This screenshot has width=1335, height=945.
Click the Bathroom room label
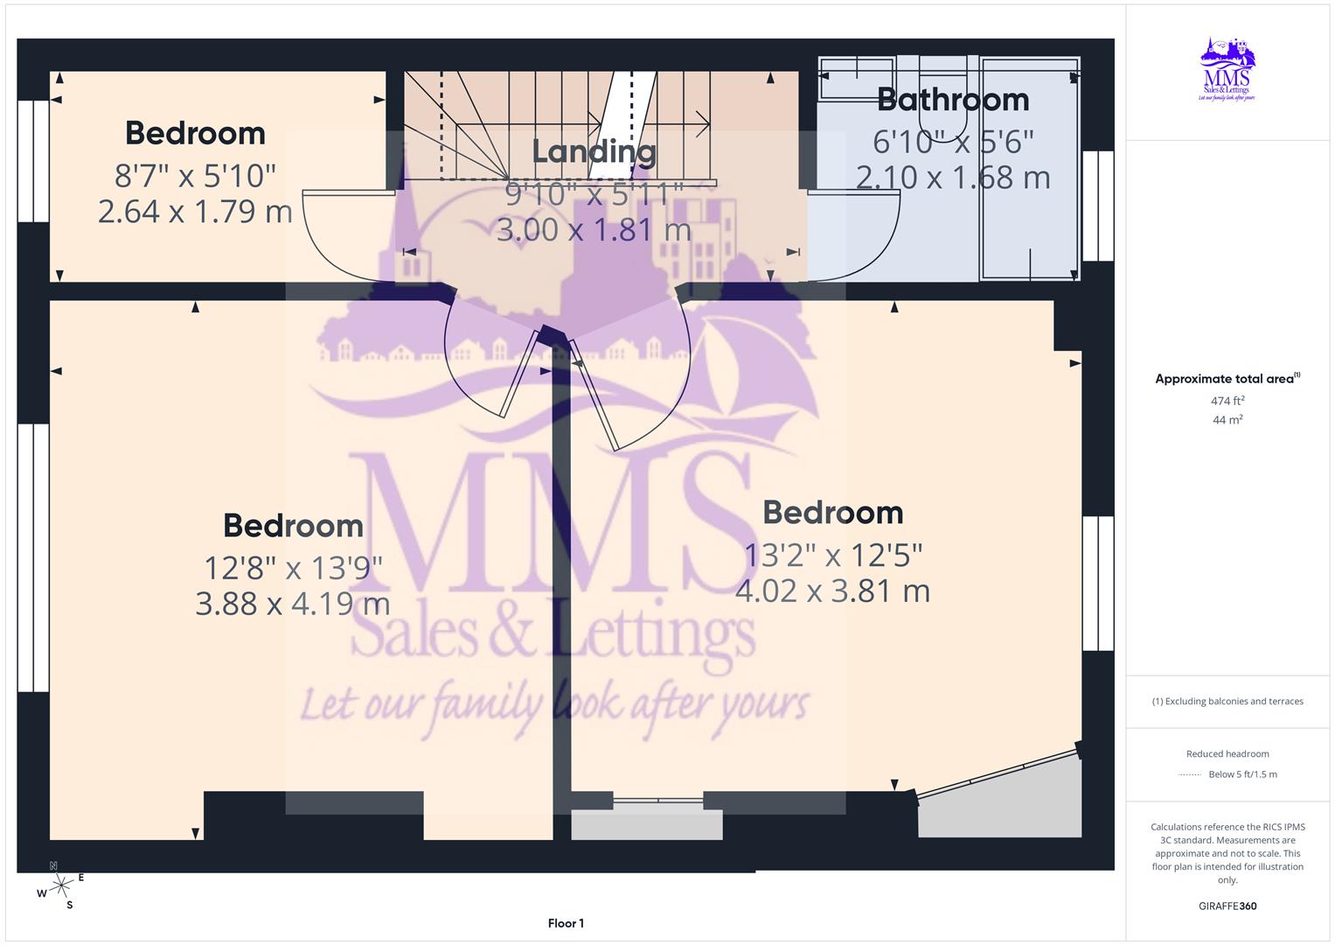(x=953, y=100)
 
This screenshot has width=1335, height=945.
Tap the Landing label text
(x=594, y=151)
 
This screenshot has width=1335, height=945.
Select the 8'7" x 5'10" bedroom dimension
(x=195, y=176)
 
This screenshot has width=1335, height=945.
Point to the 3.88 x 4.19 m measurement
(x=292, y=604)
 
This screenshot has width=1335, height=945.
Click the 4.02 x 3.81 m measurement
(x=832, y=591)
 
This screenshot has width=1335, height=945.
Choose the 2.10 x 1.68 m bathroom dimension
(x=953, y=178)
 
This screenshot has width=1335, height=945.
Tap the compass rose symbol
(x=60, y=886)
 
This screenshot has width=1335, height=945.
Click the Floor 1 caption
(x=566, y=923)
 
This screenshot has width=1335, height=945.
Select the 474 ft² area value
(x=1227, y=401)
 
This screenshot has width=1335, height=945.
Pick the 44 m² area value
(x=1227, y=420)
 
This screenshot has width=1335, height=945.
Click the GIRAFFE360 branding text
(x=1227, y=906)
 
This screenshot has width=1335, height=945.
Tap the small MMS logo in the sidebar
(x=1227, y=70)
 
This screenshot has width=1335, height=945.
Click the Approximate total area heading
(x=1227, y=379)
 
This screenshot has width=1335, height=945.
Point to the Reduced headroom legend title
(x=1227, y=753)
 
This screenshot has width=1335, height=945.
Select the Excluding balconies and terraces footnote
(x=1227, y=701)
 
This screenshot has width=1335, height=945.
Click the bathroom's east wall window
(x=1098, y=206)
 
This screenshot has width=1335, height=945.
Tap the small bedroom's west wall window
(x=33, y=161)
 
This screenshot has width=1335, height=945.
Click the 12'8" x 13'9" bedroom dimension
(x=293, y=569)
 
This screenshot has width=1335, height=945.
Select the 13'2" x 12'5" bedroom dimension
(x=833, y=555)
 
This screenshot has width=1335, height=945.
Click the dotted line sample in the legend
(x=1190, y=774)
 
